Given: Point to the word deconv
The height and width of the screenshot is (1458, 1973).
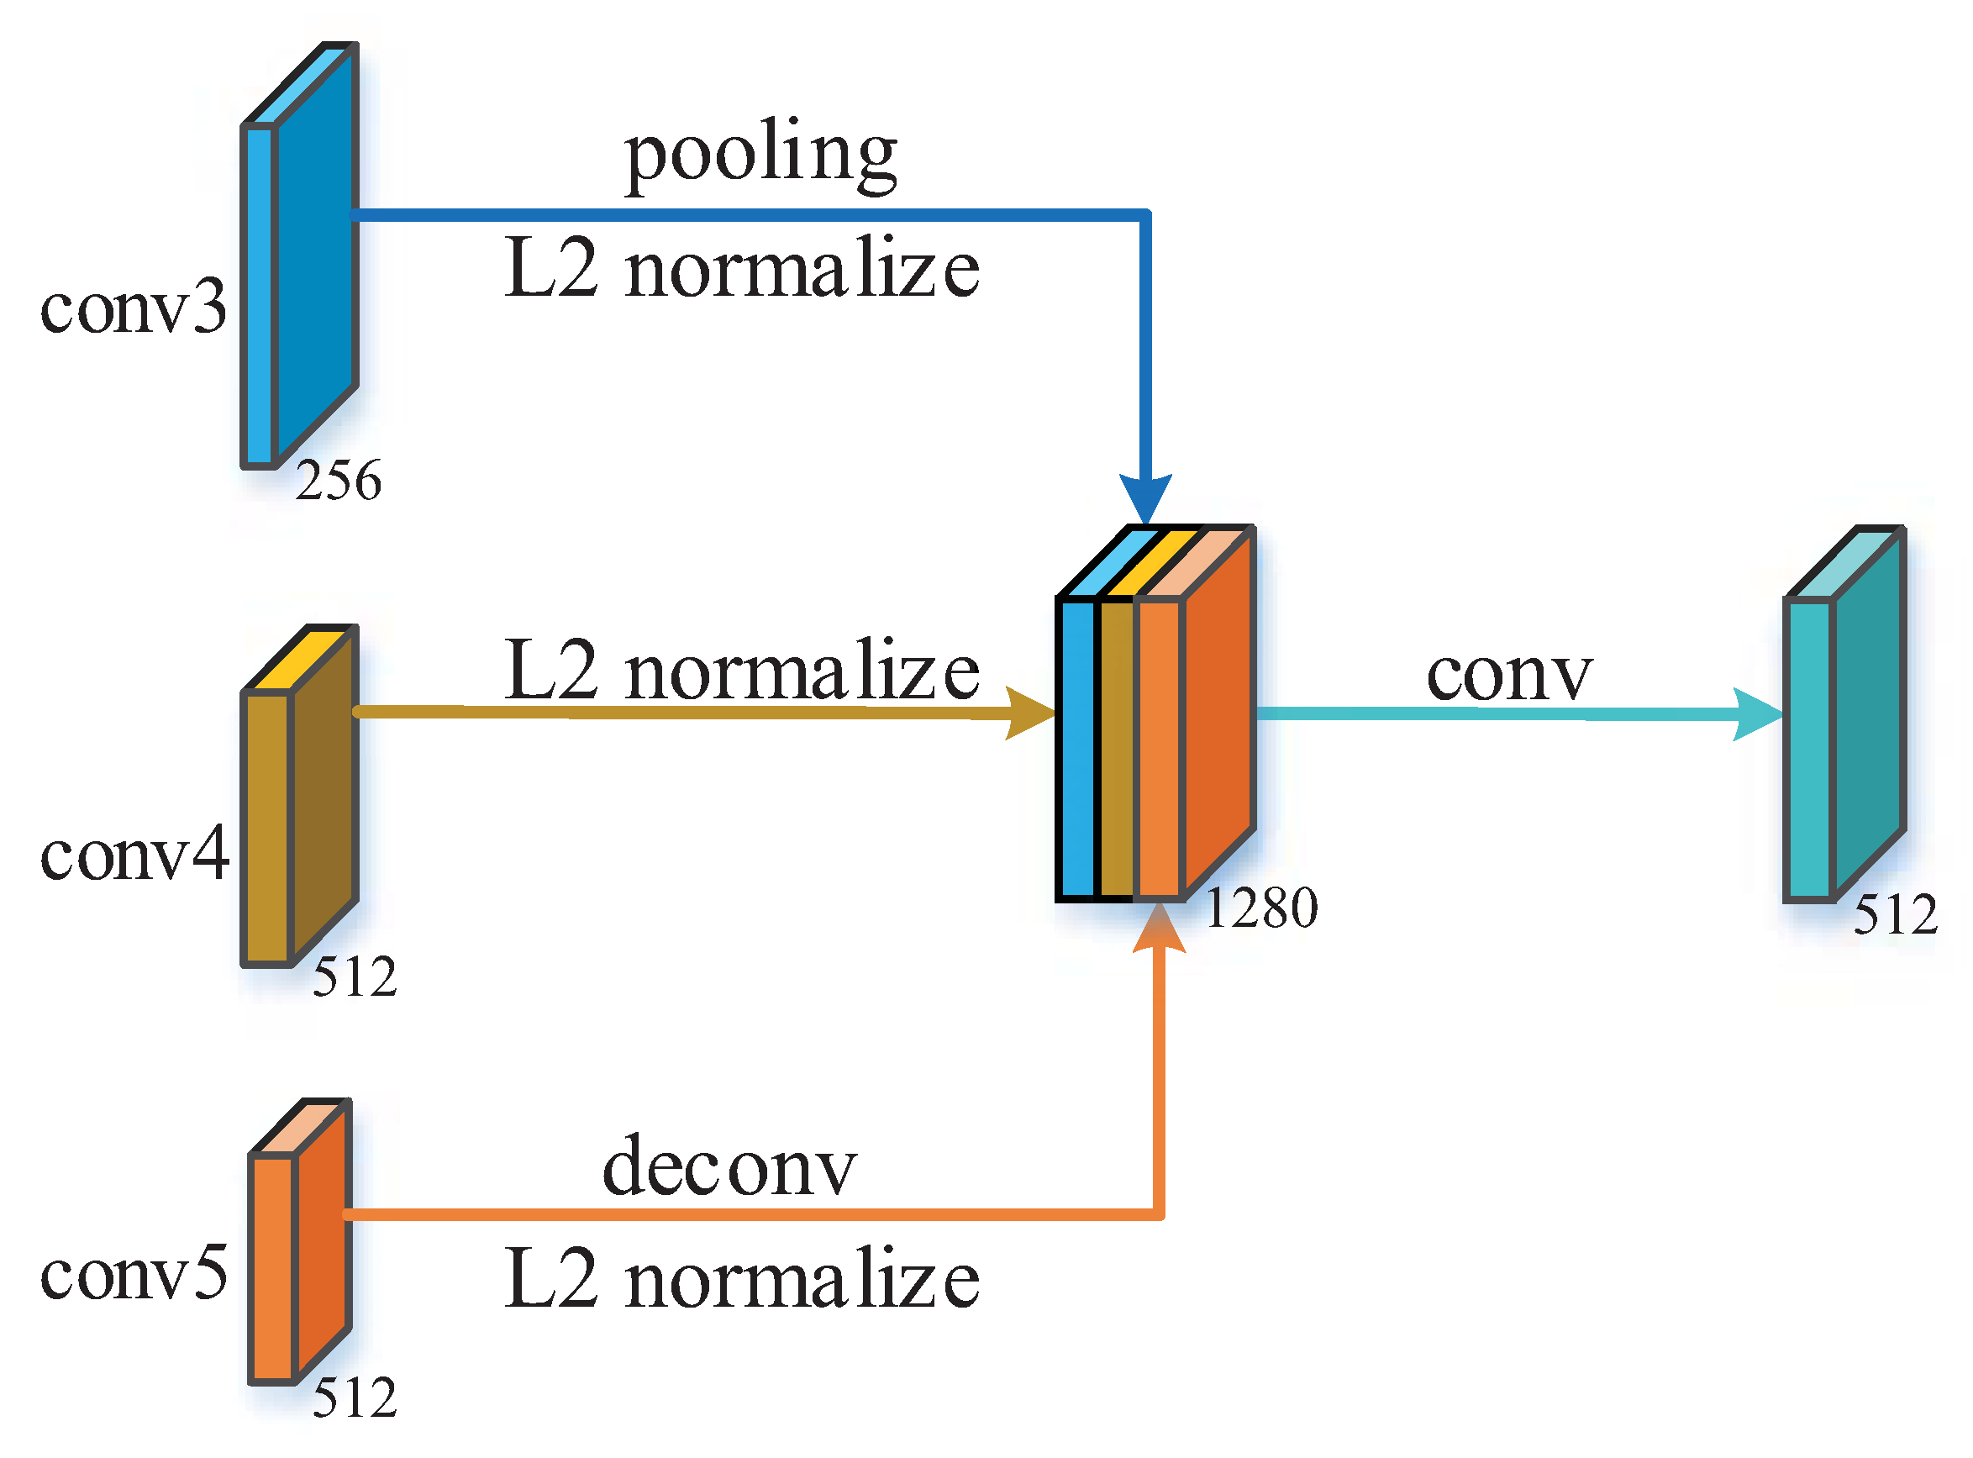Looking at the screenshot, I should point(729,1167).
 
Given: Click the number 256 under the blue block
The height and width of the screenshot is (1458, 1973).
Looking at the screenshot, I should point(338,481).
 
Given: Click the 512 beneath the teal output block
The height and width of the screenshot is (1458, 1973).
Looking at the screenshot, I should point(1896,914).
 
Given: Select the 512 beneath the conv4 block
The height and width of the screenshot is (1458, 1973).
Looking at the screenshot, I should point(355,977).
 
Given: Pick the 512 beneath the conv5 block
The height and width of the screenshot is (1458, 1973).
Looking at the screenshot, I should point(355,1398).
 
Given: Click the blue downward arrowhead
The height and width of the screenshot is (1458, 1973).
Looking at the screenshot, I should point(1145,498).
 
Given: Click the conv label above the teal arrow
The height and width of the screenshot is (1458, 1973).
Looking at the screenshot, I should point(1509,675).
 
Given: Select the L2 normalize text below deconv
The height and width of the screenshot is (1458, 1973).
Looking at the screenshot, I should point(741,1280).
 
